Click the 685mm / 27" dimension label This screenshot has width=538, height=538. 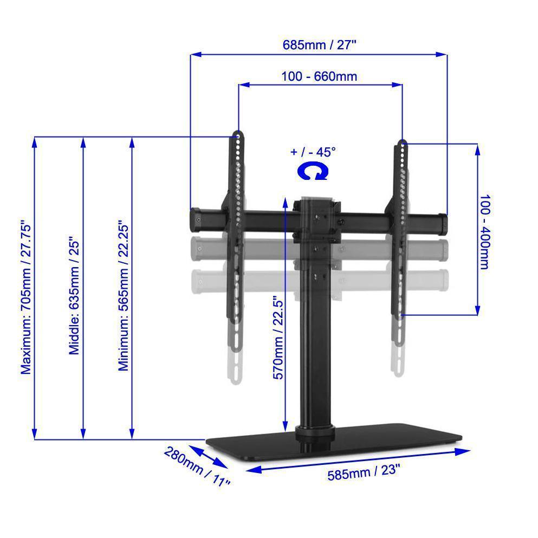coord(319,44)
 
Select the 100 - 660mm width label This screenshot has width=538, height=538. coord(319,76)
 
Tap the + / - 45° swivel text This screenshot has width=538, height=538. coord(313,152)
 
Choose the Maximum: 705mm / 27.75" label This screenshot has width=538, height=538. coord(26,297)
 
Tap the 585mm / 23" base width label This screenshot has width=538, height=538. coord(364,472)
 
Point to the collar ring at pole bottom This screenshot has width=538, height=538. coord(315,432)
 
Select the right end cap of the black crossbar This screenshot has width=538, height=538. coord(443,223)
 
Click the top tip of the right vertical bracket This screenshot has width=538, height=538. coord(401,142)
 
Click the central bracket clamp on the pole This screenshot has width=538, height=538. coord(318,217)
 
